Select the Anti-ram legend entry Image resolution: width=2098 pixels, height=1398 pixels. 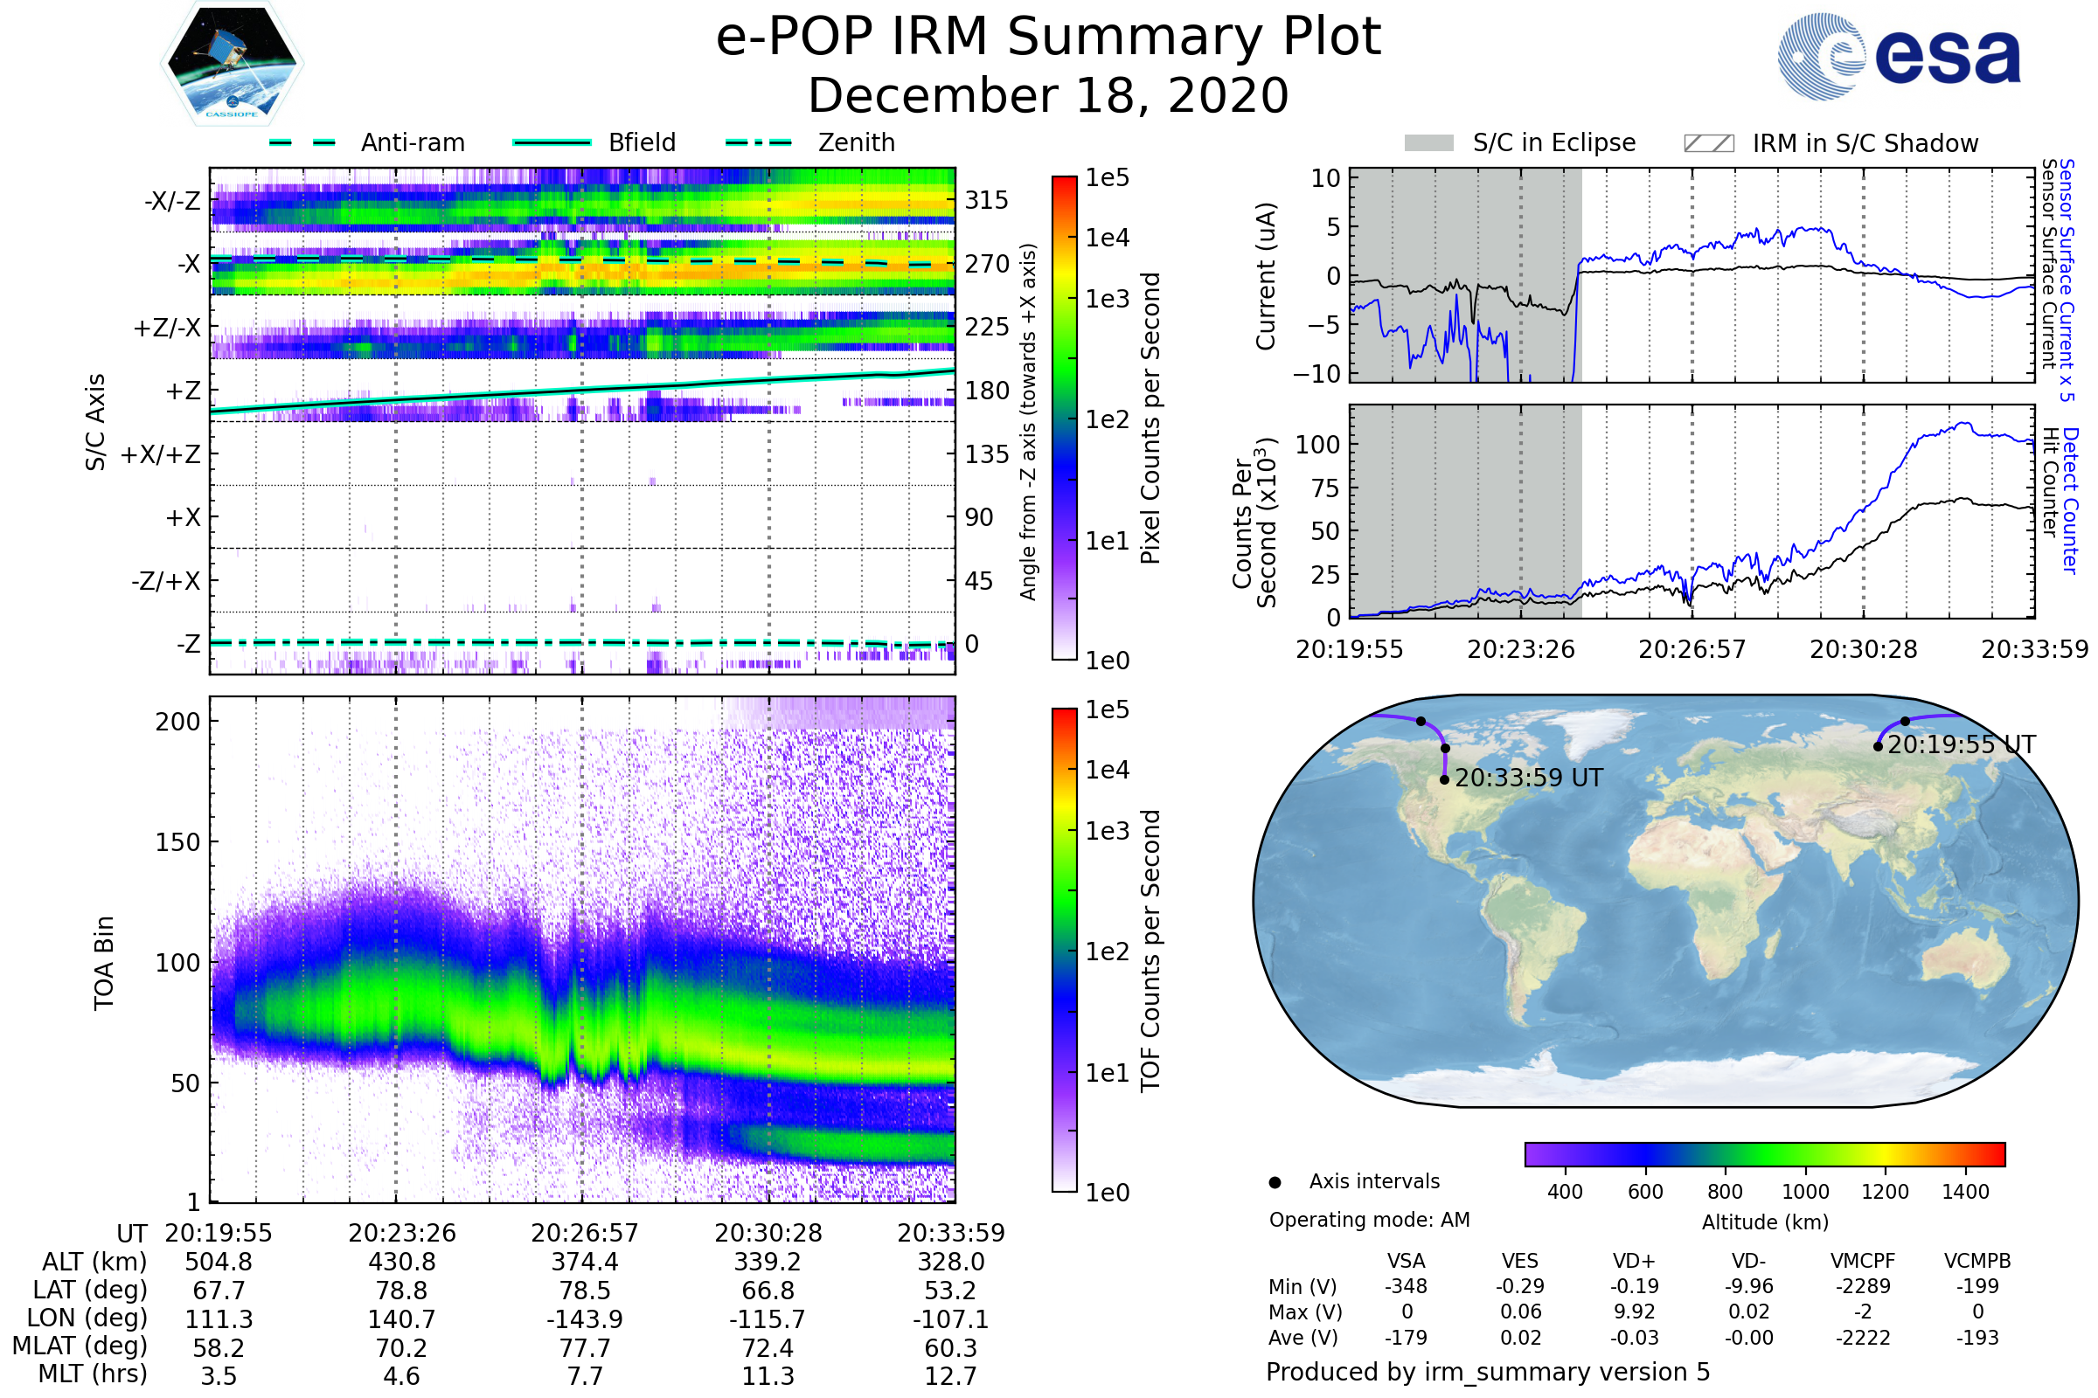coord(412,142)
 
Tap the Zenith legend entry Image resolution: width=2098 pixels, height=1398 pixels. coord(856,142)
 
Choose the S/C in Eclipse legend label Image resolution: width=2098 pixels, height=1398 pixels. coord(1553,142)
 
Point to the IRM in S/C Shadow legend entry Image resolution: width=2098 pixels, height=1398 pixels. coord(1865,142)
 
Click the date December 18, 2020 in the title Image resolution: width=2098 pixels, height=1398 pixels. coord(1048,95)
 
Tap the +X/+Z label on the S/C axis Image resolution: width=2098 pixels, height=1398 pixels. coord(161,454)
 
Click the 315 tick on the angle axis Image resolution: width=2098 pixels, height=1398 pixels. coord(986,200)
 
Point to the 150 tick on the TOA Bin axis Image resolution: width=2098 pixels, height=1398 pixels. coord(177,842)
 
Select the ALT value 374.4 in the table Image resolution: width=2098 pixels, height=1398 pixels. coord(585,1263)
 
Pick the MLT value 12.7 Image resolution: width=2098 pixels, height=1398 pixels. coord(951,1375)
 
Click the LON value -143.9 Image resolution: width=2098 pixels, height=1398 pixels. coord(585,1318)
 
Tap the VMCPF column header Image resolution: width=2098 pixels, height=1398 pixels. coord(1863,1261)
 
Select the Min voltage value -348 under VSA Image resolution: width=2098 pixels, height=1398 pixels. coord(1406,1286)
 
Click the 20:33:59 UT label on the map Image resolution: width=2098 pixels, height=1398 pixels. coord(1528,779)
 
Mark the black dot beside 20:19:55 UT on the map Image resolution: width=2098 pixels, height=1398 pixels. coord(1878,746)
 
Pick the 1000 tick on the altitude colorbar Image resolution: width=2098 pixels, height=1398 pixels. coord(1804,1192)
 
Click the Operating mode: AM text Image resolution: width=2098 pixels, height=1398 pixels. coord(1369,1220)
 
